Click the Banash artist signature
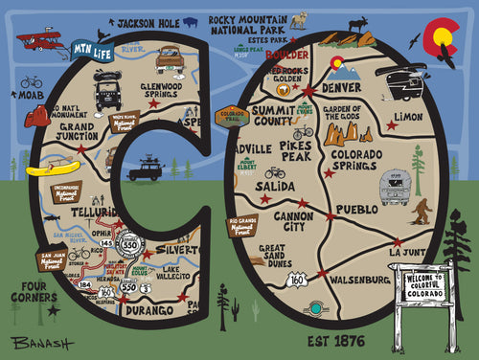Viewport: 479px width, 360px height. tap(35, 343)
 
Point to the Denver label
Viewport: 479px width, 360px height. tap(343, 88)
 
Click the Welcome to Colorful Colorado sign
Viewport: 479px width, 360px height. tap(422, 286)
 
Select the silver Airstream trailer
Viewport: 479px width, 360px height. tap(395, 186)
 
